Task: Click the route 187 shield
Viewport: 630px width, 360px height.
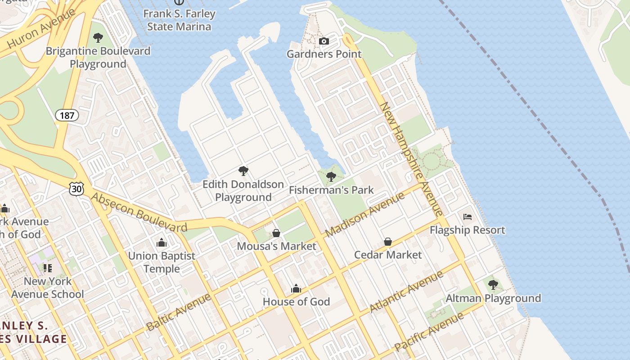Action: (x=67, y=115)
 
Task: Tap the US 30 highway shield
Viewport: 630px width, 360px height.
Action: (x=76, y=189)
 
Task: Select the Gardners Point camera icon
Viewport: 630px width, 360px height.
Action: (x=324, y=41)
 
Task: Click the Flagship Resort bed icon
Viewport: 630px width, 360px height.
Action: (x=468, y=217)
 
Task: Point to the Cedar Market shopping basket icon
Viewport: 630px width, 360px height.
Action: (x=387, y=242)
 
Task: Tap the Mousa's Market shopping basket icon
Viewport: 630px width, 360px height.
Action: (x=276, y=233)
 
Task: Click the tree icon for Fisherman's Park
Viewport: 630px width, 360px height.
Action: (x=331, y=176)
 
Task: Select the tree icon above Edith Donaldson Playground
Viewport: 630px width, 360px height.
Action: (x=243, y=171)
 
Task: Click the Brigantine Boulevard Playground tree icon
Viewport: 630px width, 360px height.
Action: (x=98, y=38)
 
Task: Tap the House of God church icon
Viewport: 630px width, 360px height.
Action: (x=296, y=288)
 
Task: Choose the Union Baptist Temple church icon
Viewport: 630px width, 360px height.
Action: (x=162, y=243)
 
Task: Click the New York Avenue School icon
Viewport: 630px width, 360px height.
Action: (x=48, y=268)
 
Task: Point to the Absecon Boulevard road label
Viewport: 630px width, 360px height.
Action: (x=139, y=212)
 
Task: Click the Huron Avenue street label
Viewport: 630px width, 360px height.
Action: (x=41, y=28)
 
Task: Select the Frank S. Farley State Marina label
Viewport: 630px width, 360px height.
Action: (x=179, y=20)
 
